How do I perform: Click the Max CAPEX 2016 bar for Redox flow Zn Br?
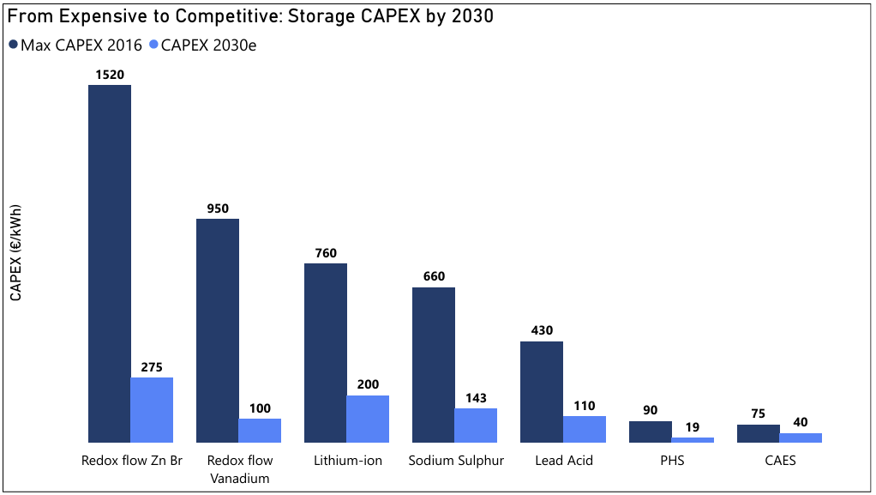coord(110,263)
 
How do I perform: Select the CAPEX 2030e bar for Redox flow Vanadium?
coord(260,431)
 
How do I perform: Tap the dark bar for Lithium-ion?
coord(326,353)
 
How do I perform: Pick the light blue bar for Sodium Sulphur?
coord(476,426)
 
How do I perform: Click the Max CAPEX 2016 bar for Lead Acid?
coord(542,392)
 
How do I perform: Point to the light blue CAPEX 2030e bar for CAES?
coord(801,438)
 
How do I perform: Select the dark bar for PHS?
coord(651,432)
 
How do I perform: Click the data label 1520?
coord(110,75)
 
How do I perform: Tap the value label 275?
coord(152,367)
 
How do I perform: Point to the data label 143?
coord(476,398)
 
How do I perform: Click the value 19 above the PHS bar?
coord(693,427)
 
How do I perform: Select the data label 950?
coord(218,208)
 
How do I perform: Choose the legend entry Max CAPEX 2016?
coord(75,45)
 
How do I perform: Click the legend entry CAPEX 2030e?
coord(202,45)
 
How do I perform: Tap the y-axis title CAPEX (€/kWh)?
coord(15,253)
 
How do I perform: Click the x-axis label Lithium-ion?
coord(348,461)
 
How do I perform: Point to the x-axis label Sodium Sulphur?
coord(456,461)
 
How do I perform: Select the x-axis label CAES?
coord(780,461)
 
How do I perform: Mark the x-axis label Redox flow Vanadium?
coord(239,469)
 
